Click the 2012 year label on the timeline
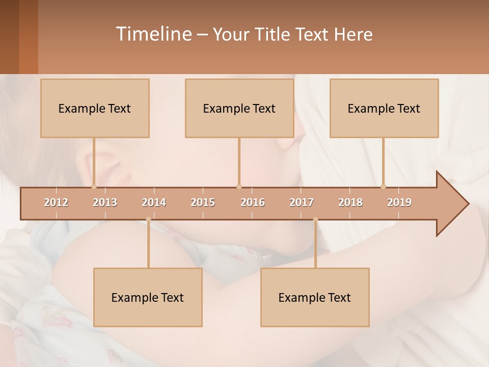click(56, 202)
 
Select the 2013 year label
click(105, 202)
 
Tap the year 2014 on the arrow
click(154, 202)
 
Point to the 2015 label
click(203, 202)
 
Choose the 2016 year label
click(253, 202)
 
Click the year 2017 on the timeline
click(302, 202)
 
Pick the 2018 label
click(350, 202)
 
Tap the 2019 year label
click(399, 202)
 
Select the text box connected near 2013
click(95, 108)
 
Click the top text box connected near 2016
click(239, 108)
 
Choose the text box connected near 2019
click(384, 108)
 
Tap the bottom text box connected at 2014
click(148, 297)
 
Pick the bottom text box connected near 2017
click(315, 297)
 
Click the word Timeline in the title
click(153, 34)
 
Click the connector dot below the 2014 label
click(148, 219)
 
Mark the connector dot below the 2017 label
click(315, 219)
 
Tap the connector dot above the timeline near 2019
click(384, 187)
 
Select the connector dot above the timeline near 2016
click(239, 187)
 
